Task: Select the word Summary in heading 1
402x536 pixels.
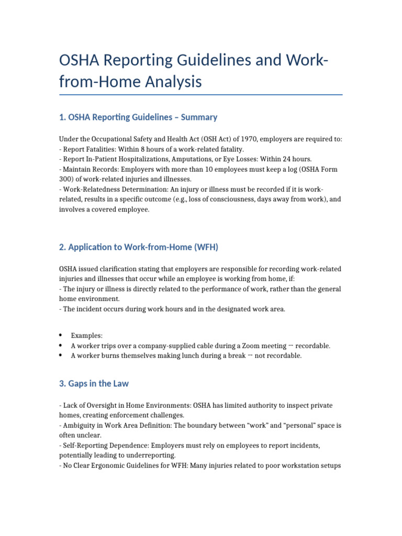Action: pyautogui.click(x=199, y=117)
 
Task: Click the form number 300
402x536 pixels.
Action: pyautogui.click(x=66, y=179)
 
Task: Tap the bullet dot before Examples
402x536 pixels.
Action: pyautogui.click(x=61, y=335)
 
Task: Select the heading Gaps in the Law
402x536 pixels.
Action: pyautogui.click(x=94, y=384)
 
